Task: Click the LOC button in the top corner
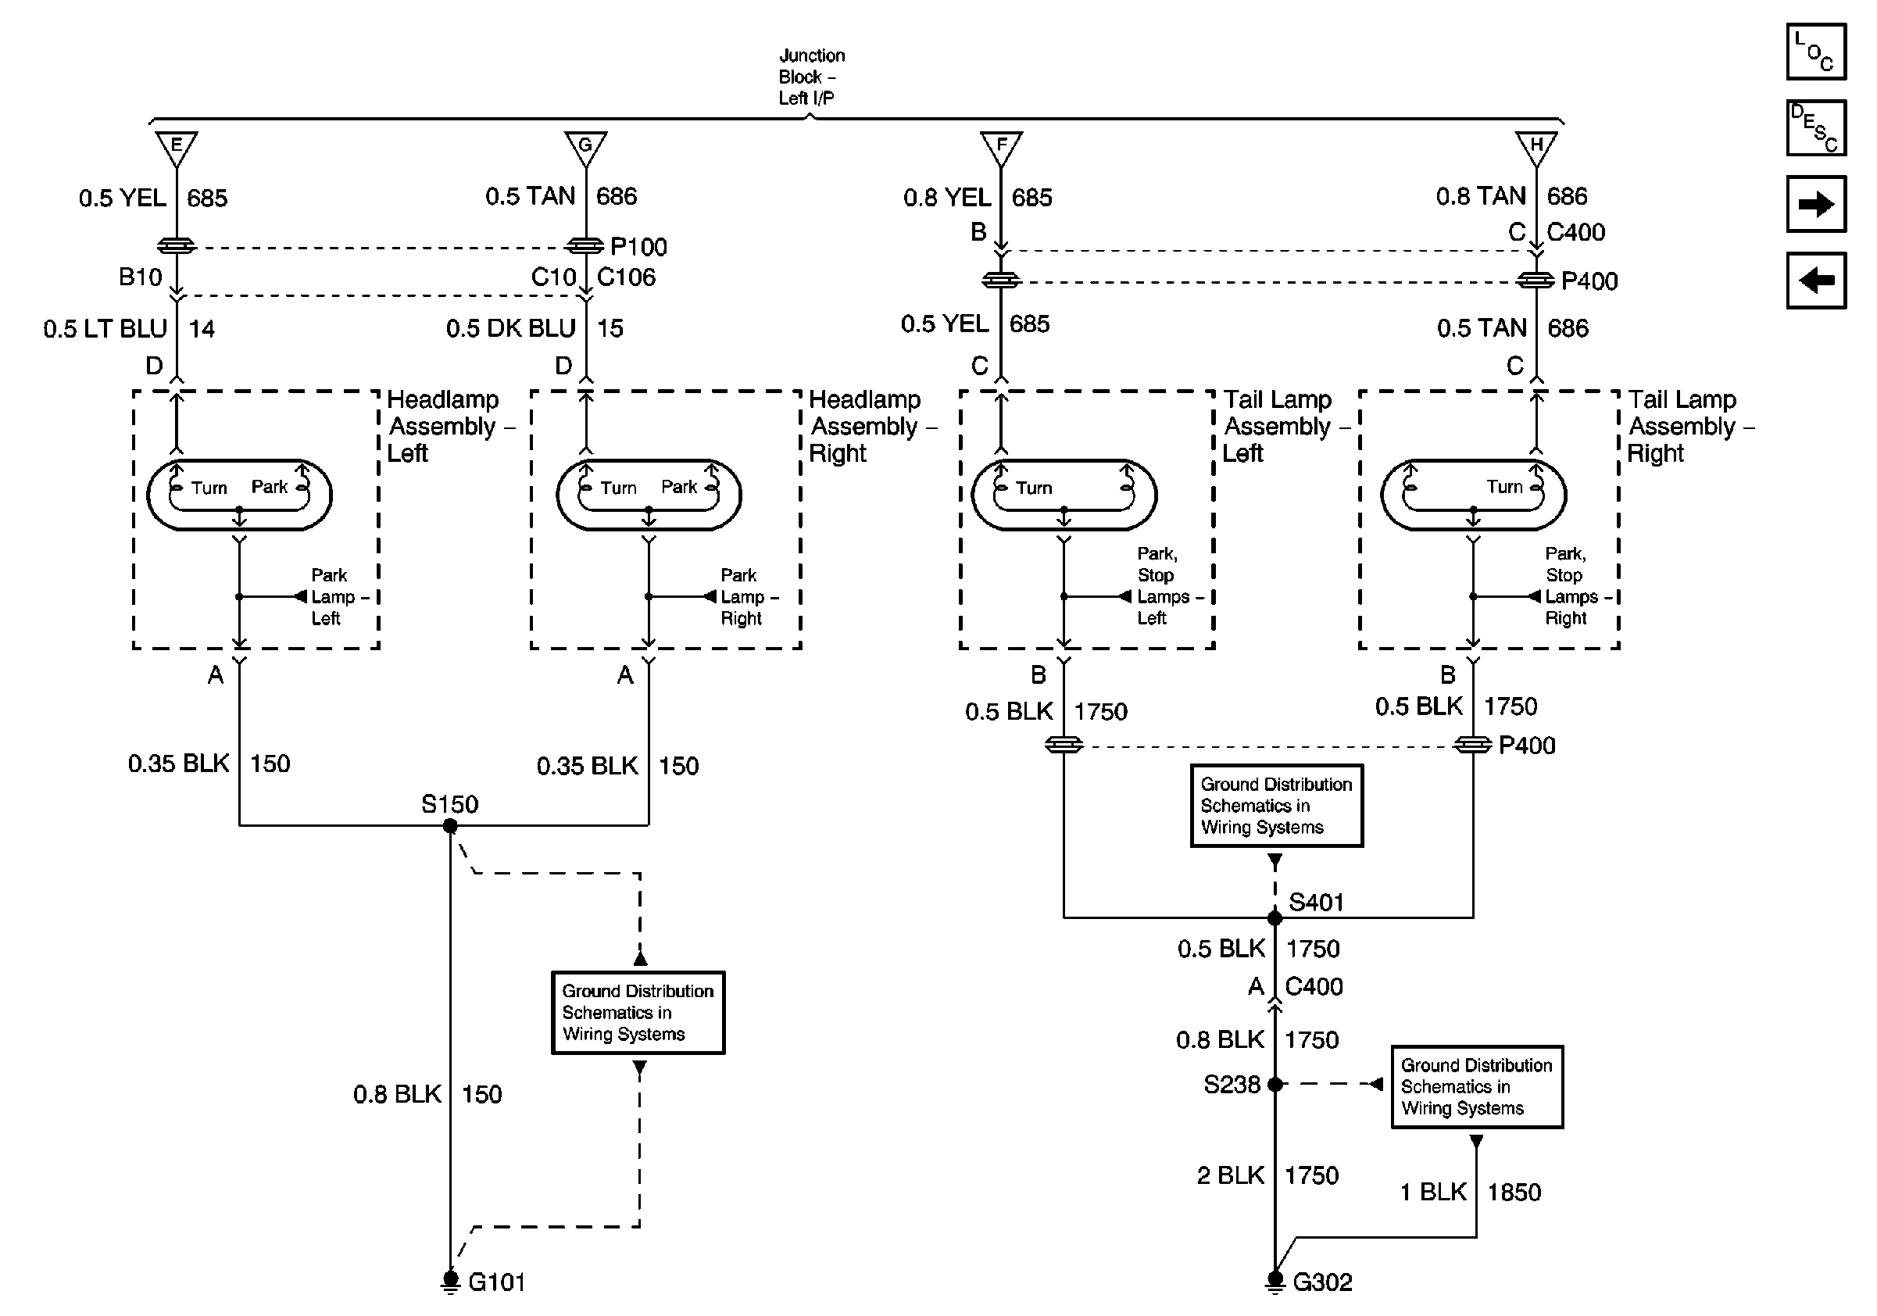click(1816, 52)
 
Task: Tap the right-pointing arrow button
click(1816, 203)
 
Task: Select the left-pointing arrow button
click(1816, 281)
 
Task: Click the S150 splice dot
click(449, 826)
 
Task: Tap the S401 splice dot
click(1275, 918)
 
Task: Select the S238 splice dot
click(1275, 1085)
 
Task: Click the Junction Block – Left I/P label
click(811, 77)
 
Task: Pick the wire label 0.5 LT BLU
click(105, 328)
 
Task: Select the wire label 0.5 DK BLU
click(511, 328)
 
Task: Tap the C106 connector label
click(626, 277)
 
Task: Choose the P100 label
click(638, 247)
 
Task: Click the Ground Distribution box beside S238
click(1477, 1087)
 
